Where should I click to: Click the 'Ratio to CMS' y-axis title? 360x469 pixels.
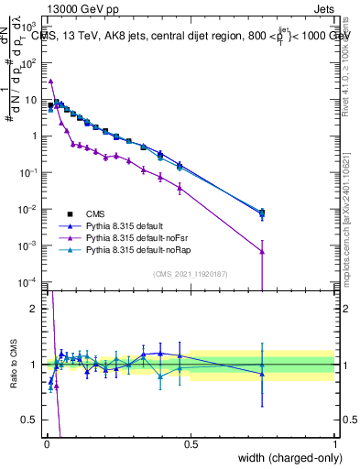14,364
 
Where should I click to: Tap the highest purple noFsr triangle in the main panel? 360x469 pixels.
51,81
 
